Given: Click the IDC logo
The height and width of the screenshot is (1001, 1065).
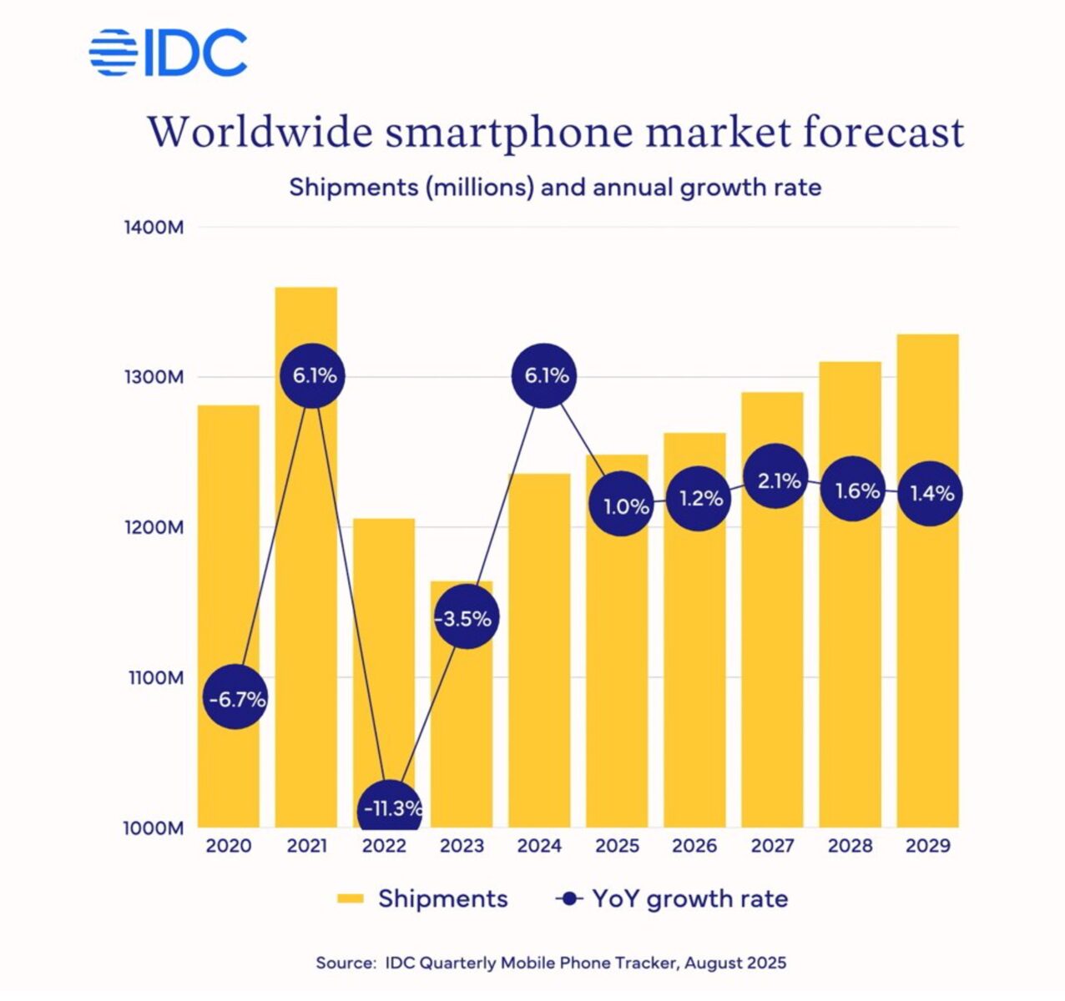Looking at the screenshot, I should (x=168, y=53).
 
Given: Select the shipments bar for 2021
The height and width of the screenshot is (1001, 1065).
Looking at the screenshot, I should (x=306, y=584).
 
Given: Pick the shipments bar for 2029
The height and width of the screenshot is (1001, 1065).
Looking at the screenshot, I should (x=927, y=667).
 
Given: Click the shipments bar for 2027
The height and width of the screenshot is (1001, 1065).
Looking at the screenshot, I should (x=772, y=667).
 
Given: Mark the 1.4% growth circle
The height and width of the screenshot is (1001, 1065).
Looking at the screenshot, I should (x=931, y=493).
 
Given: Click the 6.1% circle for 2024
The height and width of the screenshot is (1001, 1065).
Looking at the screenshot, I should (x=545, y=375).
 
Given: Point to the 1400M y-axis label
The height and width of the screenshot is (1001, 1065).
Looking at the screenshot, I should (x=154, y=227).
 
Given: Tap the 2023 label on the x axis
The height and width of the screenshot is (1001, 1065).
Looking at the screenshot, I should (x=462, y=846).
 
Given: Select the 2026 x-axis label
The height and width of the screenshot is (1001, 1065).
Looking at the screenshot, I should (x=694, y=846).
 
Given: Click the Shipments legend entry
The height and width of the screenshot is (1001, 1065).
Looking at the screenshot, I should (x=422, y=898).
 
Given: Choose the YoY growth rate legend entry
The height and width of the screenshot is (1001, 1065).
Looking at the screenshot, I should (x=672, y=898).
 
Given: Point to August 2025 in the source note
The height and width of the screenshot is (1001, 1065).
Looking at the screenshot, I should (x=737, y=963).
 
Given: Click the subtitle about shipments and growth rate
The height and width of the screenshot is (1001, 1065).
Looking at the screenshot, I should (x=555, y=186).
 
